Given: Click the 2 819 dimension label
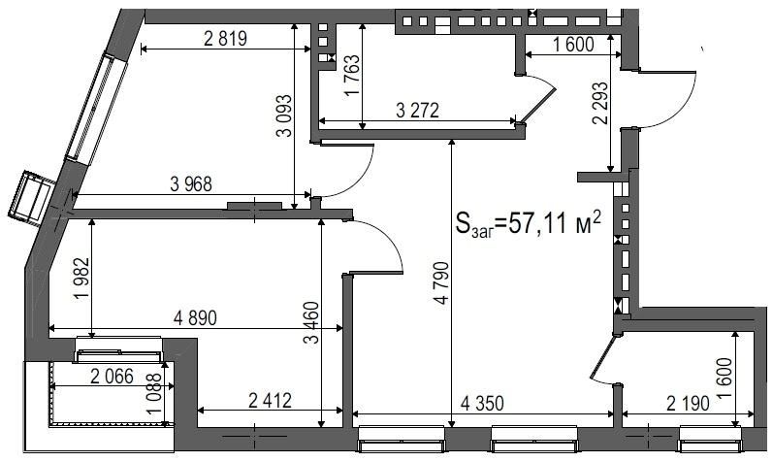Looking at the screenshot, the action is click(225, 39).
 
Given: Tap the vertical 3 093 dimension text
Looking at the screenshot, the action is click(284, 116).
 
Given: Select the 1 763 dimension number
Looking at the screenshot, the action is click(352, 76).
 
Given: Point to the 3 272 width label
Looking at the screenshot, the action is click(417, 111).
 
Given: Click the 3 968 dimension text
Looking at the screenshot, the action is click(191, 184).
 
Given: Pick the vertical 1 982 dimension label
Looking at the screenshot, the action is click(81, 279).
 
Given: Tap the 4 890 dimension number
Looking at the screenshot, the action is click(195, 318).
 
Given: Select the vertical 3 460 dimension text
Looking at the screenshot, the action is click(312, 323).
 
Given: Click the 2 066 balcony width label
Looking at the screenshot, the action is click(112, 377).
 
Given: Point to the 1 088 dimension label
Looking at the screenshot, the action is click(154, 394).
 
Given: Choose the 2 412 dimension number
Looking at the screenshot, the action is click(271, 400).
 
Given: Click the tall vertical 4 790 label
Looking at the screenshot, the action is click(441, 282).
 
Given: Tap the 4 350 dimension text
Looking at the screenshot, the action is click(482, 403).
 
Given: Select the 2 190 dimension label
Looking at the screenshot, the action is click(689, 403).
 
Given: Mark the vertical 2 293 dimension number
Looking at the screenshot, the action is click(602, 103).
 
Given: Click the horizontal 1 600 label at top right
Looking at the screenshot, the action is click(573, 45).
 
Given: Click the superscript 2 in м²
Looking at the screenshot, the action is click(596, 217).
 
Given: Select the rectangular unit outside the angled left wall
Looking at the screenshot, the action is click(31, 198).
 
